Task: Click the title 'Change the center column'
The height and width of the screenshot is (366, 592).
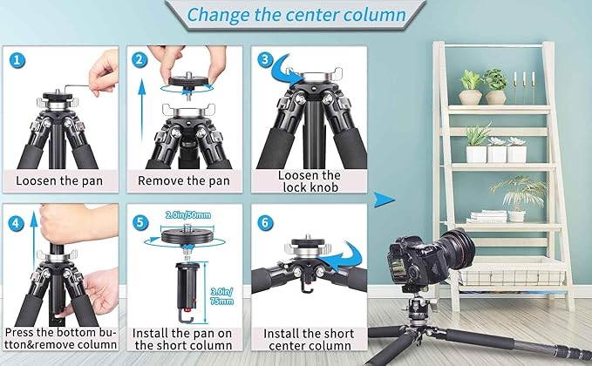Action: coord(296,15)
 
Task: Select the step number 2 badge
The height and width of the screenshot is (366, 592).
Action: coord(140,60)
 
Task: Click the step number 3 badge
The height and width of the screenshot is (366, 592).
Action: coord(265,60)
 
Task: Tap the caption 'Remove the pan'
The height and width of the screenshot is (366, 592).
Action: coord(184,181)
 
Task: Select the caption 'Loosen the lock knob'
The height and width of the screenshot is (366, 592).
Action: coord(309,181)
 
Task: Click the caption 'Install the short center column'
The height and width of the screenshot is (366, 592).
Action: coord(309,339)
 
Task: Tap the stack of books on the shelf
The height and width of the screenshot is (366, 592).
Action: coord(487,217)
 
